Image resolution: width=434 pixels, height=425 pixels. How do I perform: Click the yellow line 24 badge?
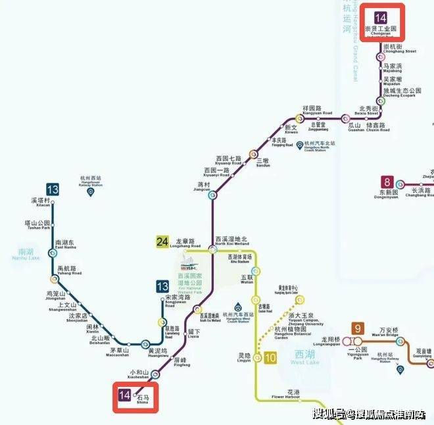pos(162,241)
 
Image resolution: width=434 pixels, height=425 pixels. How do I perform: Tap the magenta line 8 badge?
pos(388,182)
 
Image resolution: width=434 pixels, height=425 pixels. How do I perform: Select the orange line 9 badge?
pos(358,329)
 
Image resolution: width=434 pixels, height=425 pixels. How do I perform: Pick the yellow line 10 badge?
pos(270,359)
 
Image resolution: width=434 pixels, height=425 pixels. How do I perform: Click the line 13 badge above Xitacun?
pos(53,190)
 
